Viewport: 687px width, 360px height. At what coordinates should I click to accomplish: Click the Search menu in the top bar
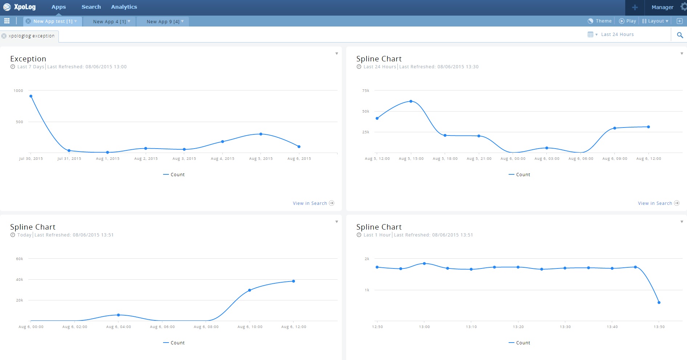point(91,7)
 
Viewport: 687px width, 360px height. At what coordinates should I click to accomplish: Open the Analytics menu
point(124,7)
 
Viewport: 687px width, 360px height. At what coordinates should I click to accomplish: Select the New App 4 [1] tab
point(109,21)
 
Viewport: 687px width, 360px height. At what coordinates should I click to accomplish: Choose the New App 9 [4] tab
point(163,21)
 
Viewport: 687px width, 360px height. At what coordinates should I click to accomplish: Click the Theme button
point(600,21)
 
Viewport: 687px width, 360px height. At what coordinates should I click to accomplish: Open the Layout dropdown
point(655,21)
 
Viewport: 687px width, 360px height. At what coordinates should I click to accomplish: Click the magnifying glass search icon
point(680,35)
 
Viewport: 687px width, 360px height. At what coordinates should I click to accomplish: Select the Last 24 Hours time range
point(617,35)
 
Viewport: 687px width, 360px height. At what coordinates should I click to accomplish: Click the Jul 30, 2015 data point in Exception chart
point(31,96)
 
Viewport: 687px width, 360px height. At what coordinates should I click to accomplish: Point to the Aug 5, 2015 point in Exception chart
point(261,134)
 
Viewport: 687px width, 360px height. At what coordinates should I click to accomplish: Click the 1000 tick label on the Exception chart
point(18,91)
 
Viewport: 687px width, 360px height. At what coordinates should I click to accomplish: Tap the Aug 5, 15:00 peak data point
point(411,101)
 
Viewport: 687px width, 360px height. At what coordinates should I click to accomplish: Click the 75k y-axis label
point(365,91)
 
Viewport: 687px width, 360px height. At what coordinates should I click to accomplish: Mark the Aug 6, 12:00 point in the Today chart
point(294,281)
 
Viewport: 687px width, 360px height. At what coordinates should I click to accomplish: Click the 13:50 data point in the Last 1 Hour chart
point(659,303)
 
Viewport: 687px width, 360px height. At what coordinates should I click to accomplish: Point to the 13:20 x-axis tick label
point(518,327)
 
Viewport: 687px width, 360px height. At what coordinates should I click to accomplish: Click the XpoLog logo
point(20,7)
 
